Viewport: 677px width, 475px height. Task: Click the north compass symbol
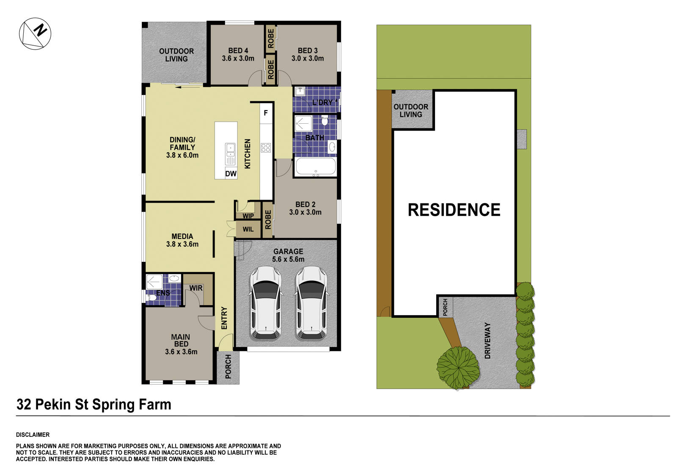click(35, 33)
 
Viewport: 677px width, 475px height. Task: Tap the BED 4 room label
click(238, 55)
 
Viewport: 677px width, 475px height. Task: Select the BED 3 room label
click(308, 55)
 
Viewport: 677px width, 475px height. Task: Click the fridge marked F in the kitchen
click(266, 113)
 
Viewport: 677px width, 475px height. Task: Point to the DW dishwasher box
click(231, 174)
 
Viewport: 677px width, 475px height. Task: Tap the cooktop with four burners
click(266, 147)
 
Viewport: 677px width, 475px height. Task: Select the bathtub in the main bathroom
click(316, 167)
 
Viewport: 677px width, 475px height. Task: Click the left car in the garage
click(265, 303)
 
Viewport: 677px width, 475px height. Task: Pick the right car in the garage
click(311, 303)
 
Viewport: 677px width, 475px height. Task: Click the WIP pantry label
click(248, 216)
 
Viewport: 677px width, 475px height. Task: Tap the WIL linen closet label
click(248, 229)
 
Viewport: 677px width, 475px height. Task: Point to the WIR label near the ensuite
click(196, 288)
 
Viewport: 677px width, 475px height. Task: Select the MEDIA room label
click(182, 240)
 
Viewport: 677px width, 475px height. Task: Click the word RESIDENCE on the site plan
click(454, 210)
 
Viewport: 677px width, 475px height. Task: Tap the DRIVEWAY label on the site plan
click(487, 341)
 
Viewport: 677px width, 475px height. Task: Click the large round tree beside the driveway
click(458, 367)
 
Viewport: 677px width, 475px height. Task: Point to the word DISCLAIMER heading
click(33, 435)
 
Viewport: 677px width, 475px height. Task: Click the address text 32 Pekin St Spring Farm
click(94, 405)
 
